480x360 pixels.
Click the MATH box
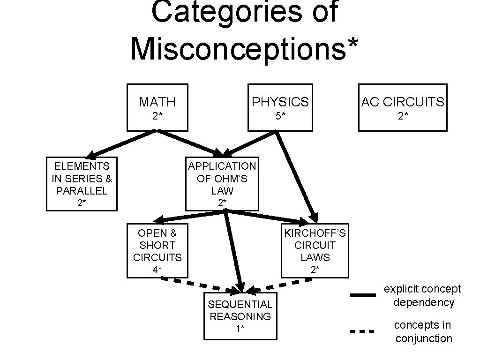pyautogui.click(x=157, y=107)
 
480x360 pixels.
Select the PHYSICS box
pyautogui.click(x=280, y=107)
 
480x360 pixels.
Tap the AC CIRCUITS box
pyautogui.click(x=403, y=107)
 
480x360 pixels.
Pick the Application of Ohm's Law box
pyautogui.click(x=222, y=184)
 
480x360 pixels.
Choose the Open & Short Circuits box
pyautogui.click(x=157, y=251)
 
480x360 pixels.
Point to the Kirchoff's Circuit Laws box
pyautogui.click(x=315, y=251)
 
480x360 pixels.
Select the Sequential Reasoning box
pyautogui.click(x=240, y=316)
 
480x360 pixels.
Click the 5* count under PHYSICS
pyautogui.click(x=280, y=116)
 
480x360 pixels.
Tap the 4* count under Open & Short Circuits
pyautogui.click(x=157, y=270)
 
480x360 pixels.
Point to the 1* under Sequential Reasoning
pyautogui.click(x=240, y=329)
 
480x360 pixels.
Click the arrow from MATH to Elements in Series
pyautogui.click(x=122, y=143)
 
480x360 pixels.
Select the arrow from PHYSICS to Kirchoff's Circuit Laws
pyautogui.click(x=295, y=176)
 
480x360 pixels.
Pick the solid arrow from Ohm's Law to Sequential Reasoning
pyautogui.click(x=233, y=248)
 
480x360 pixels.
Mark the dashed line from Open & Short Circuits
pyautogui.click(x=187, y=283)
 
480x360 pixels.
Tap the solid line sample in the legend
pyautogui.click(x=363, y=295)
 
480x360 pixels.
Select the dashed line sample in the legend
pyautogui.click(x=363, y=331)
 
